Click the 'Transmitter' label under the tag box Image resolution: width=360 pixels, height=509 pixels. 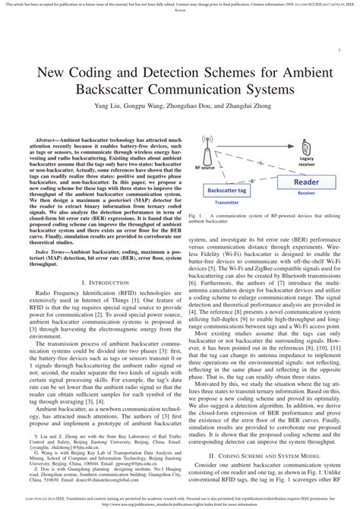click(x=226, y=204)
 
